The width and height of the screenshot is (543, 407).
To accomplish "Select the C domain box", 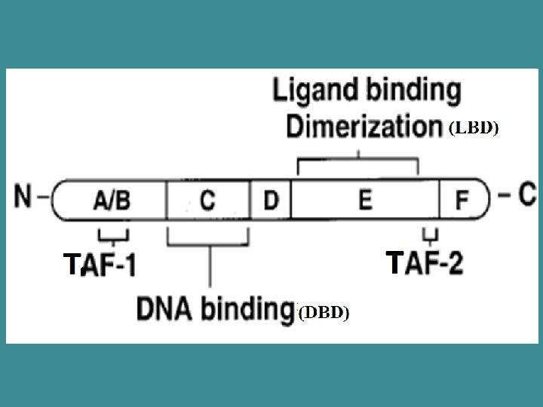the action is [207, 200].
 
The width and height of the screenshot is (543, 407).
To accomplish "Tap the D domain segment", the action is [271, 200].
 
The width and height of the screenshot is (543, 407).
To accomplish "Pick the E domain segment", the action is [365, 200].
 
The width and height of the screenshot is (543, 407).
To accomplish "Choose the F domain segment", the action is [462, 200].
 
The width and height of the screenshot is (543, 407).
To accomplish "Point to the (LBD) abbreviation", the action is [474, 129].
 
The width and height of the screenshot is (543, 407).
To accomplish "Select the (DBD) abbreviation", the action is [324, 312].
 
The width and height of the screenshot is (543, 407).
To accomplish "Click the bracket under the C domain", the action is [208, 241].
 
